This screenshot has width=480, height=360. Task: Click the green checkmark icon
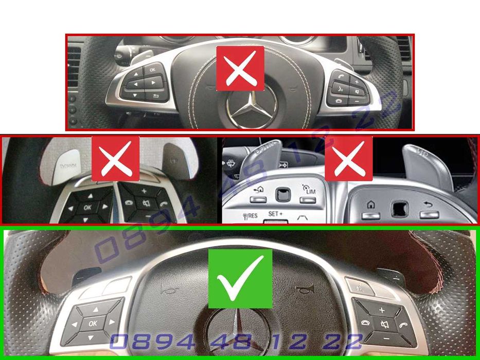click(240, 279)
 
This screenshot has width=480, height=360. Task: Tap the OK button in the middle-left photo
click(88, 206)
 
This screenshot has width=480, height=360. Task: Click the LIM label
click(310, 191)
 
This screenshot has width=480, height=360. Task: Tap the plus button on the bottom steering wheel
click(381, 310)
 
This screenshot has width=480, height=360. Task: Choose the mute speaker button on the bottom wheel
click(384, 325)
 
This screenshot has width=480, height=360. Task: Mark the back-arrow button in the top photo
click(155, 96)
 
